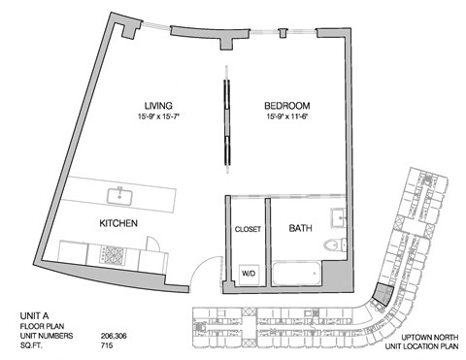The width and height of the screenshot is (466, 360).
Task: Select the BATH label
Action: tap(300, 229)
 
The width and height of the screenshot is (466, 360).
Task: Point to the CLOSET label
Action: tap(248, 230)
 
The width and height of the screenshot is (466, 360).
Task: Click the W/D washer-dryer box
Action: tap(249, 274)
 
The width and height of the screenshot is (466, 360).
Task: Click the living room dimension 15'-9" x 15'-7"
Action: tap(159, 117)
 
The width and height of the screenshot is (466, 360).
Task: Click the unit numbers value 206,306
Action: tap(115, 336)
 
